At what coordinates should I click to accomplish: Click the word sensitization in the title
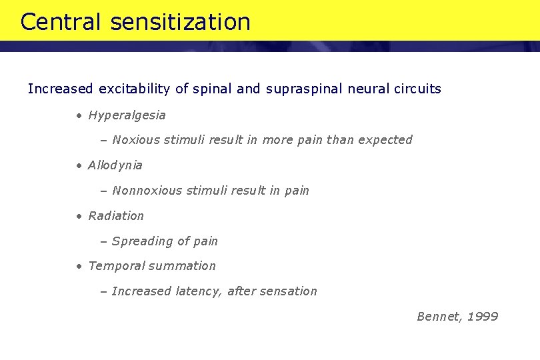tap(181, 22)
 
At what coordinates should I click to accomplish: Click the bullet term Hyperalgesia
tap(127, 115)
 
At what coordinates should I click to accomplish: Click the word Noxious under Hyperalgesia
tap(136, 140)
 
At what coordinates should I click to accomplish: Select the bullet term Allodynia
tap(115, 165)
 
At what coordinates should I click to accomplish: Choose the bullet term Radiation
tap(115, 216)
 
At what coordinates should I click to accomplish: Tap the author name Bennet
tap(438, 317)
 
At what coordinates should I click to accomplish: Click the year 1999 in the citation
tap(483, 317)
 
